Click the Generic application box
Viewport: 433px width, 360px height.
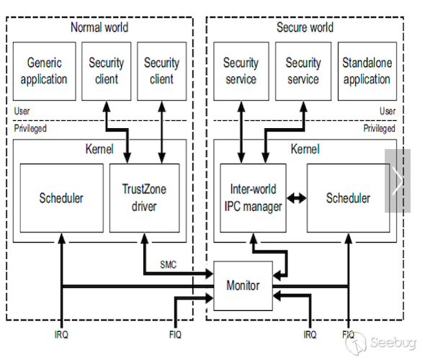[x=43, y=71]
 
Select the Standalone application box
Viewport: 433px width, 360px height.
[x=367, y=71]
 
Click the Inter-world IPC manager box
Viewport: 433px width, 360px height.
[x=251, y=198]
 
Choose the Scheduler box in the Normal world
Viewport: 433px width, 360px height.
[x=61, y=198]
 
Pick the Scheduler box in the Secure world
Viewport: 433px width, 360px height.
[x=348, y=198]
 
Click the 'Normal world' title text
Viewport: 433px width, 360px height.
[x=99, y=27]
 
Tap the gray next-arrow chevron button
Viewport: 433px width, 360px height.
[x=397, y=181]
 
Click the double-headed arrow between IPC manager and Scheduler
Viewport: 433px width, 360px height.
[x=295, y=198]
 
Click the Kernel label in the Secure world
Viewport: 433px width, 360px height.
[x=305, y=149]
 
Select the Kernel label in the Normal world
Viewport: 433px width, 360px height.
[x=99, y=149]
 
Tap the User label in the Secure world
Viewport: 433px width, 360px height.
[x=388, y=111]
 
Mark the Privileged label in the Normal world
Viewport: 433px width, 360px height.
[x=30, y=128]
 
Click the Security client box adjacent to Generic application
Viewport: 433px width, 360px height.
[x=107, y=71]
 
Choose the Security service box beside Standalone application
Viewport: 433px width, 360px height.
[x=303, y=71]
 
